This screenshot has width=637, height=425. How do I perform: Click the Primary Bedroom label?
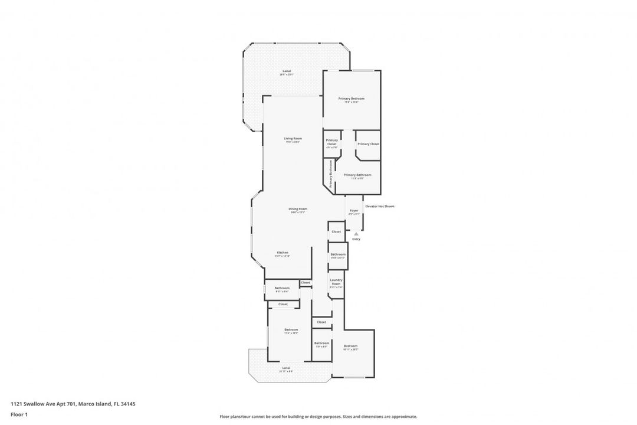351,99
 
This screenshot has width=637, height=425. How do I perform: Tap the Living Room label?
293,139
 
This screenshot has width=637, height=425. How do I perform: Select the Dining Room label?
298,209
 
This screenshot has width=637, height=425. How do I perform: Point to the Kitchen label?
283,253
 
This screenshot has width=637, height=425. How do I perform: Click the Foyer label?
354,211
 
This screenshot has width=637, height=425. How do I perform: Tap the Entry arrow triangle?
356,234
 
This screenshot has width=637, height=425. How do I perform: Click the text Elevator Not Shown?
379,207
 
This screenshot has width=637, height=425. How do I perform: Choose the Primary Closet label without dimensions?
368,144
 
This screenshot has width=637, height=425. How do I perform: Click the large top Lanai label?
286,71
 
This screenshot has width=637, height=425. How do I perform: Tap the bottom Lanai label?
285,368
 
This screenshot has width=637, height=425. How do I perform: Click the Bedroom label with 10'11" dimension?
350,346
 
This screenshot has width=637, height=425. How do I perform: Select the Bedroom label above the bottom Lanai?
291,330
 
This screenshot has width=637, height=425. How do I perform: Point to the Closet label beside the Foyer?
336,232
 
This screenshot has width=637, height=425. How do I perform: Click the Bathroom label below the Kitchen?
282,288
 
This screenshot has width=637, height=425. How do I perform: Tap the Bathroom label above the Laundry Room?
338,254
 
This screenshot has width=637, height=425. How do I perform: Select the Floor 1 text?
19,414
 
